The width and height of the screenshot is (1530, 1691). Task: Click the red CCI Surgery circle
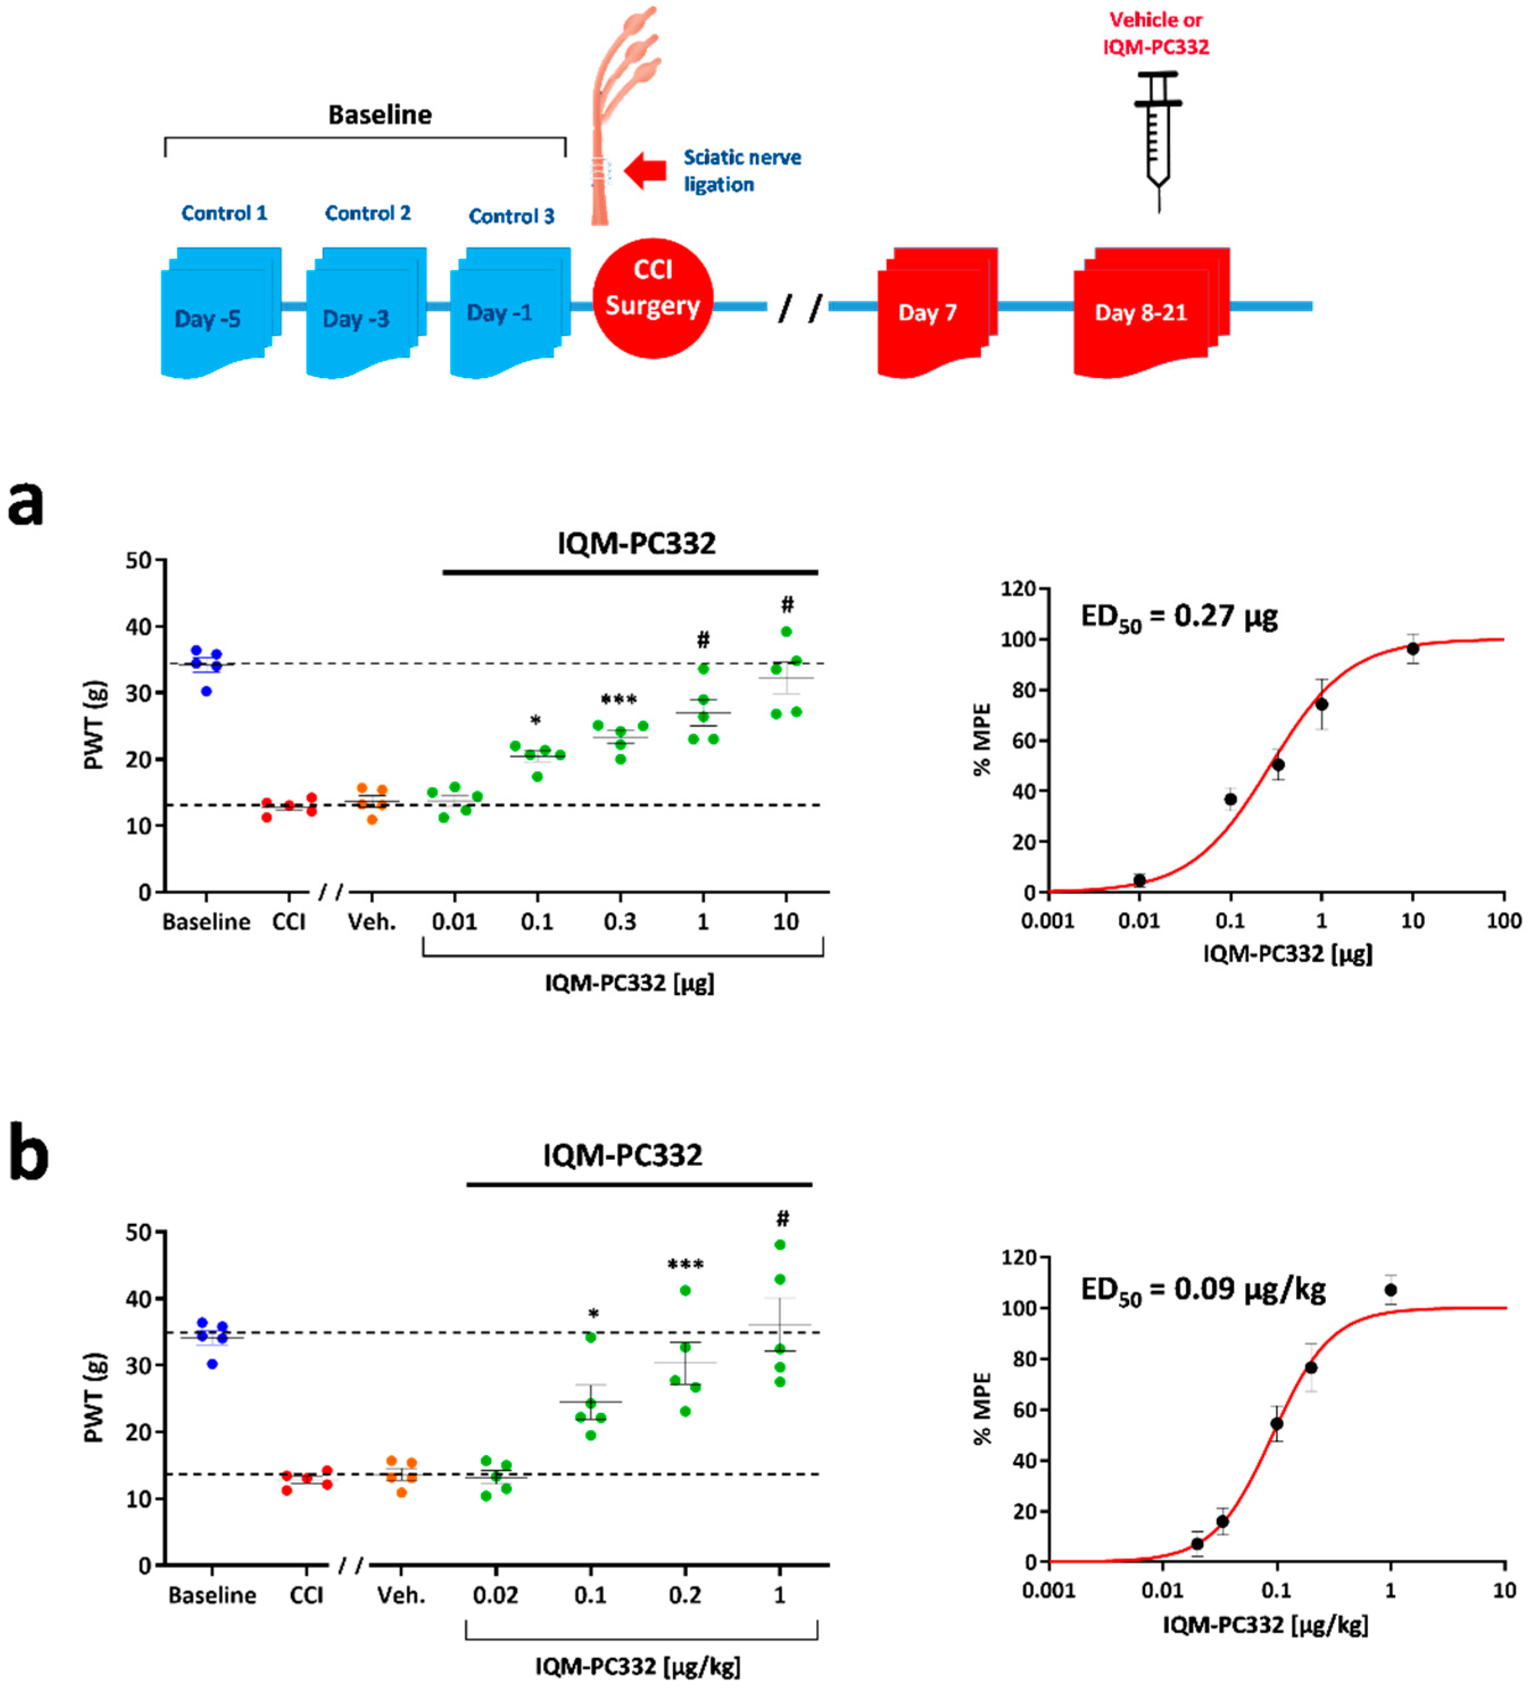pyautogui.click(x=653, y=298)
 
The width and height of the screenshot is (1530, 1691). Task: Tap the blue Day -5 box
pyautogui.click(x=221, y=312)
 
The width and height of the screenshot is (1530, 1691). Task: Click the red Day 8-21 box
pyautogui.click(x=1151, y=312)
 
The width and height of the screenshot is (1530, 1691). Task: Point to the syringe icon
pyautogui.click(x=1158, y=138)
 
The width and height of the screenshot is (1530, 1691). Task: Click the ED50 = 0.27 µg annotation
pyautogui.click(x=1179, y=618)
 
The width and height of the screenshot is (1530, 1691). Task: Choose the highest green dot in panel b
pyautogui.click(x=780, y=1245)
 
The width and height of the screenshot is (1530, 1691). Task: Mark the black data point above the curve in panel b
pyautogui.click(x=1391, y=1290)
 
